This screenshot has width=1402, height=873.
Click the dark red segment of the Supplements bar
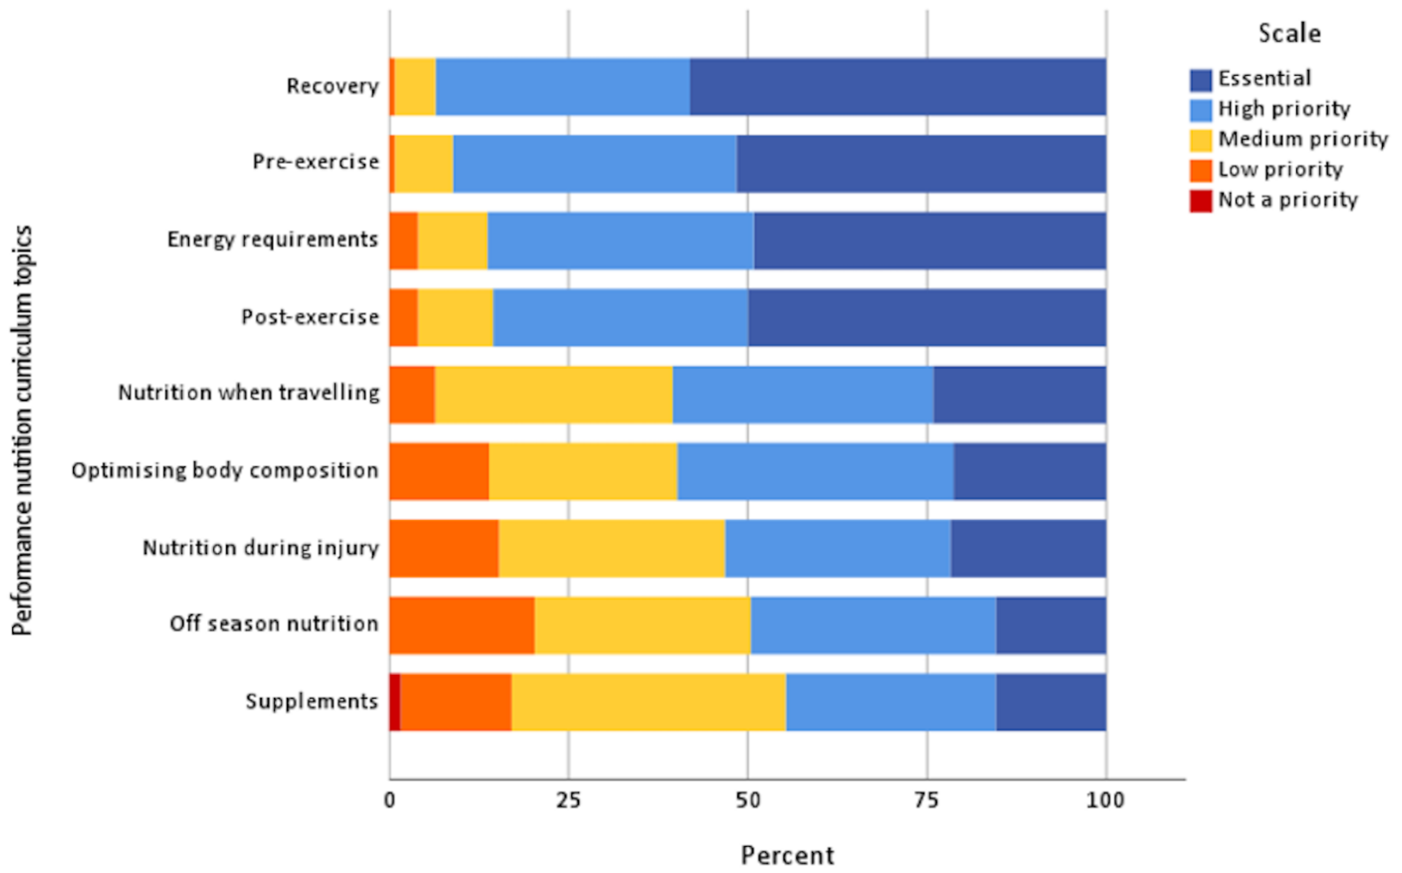click(395, 702)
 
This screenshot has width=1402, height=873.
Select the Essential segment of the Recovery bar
click(898, 87)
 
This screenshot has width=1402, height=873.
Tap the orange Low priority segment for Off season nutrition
click(462, 625)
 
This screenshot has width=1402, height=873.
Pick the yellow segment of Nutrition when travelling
click(553, 394)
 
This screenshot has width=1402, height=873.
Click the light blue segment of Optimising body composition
click(815, 471)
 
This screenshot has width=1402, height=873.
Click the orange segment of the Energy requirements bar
click(403, 240)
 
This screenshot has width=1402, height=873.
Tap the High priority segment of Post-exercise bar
click(620, 317)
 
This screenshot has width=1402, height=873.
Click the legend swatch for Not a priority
click(1201, 200)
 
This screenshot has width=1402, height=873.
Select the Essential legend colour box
click(1201, 80)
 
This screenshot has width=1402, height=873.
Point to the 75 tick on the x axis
click(927, 800)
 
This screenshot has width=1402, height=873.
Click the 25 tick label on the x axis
click(568, 800)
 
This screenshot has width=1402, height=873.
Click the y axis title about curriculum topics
click(22, 430)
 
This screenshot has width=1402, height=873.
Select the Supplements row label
click(312, 702)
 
